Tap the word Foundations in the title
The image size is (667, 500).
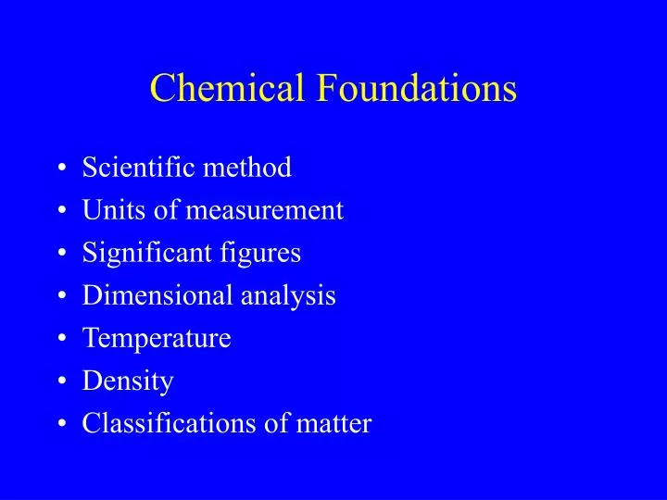(x=418, y=88)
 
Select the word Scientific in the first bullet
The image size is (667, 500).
(x=136, y=168)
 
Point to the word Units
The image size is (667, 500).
(x=105, y=210)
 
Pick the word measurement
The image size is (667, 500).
(x=265, y=211)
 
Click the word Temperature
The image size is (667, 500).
(x=157, y=339)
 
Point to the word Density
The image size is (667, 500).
(x=128, y=381)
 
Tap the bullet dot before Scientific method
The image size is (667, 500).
(x=61, y=169)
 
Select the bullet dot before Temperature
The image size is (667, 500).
(x=61, y=339)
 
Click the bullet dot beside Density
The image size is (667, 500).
(x=61, y=381)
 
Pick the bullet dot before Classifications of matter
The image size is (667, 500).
(x=61, y=424)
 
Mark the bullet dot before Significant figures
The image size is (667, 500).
(x=61, y=254)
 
